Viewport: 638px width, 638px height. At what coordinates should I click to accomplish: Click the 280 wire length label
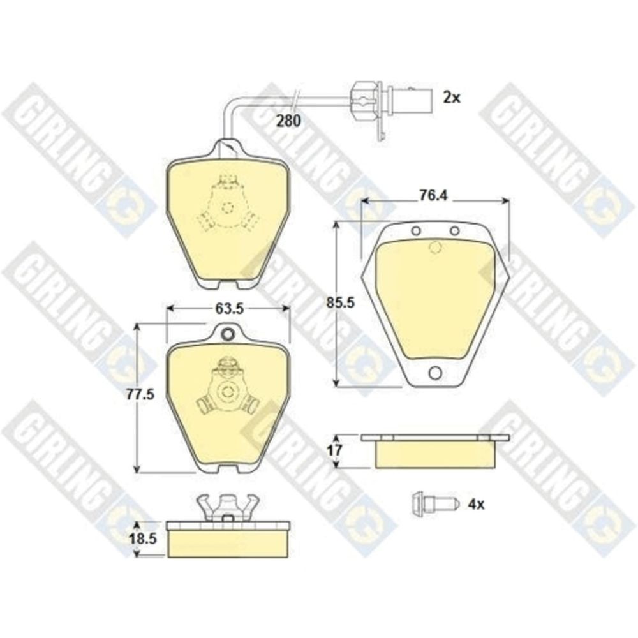[288, 121]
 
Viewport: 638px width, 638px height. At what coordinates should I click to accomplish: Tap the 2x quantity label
[452, 97]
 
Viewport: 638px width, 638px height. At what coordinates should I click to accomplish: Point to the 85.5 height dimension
[341, 302]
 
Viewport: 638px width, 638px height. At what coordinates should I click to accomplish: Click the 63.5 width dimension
[229, 308]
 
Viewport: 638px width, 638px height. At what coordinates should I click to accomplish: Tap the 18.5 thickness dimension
[142, 538]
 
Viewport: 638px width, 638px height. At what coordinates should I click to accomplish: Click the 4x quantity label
[476, 505]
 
